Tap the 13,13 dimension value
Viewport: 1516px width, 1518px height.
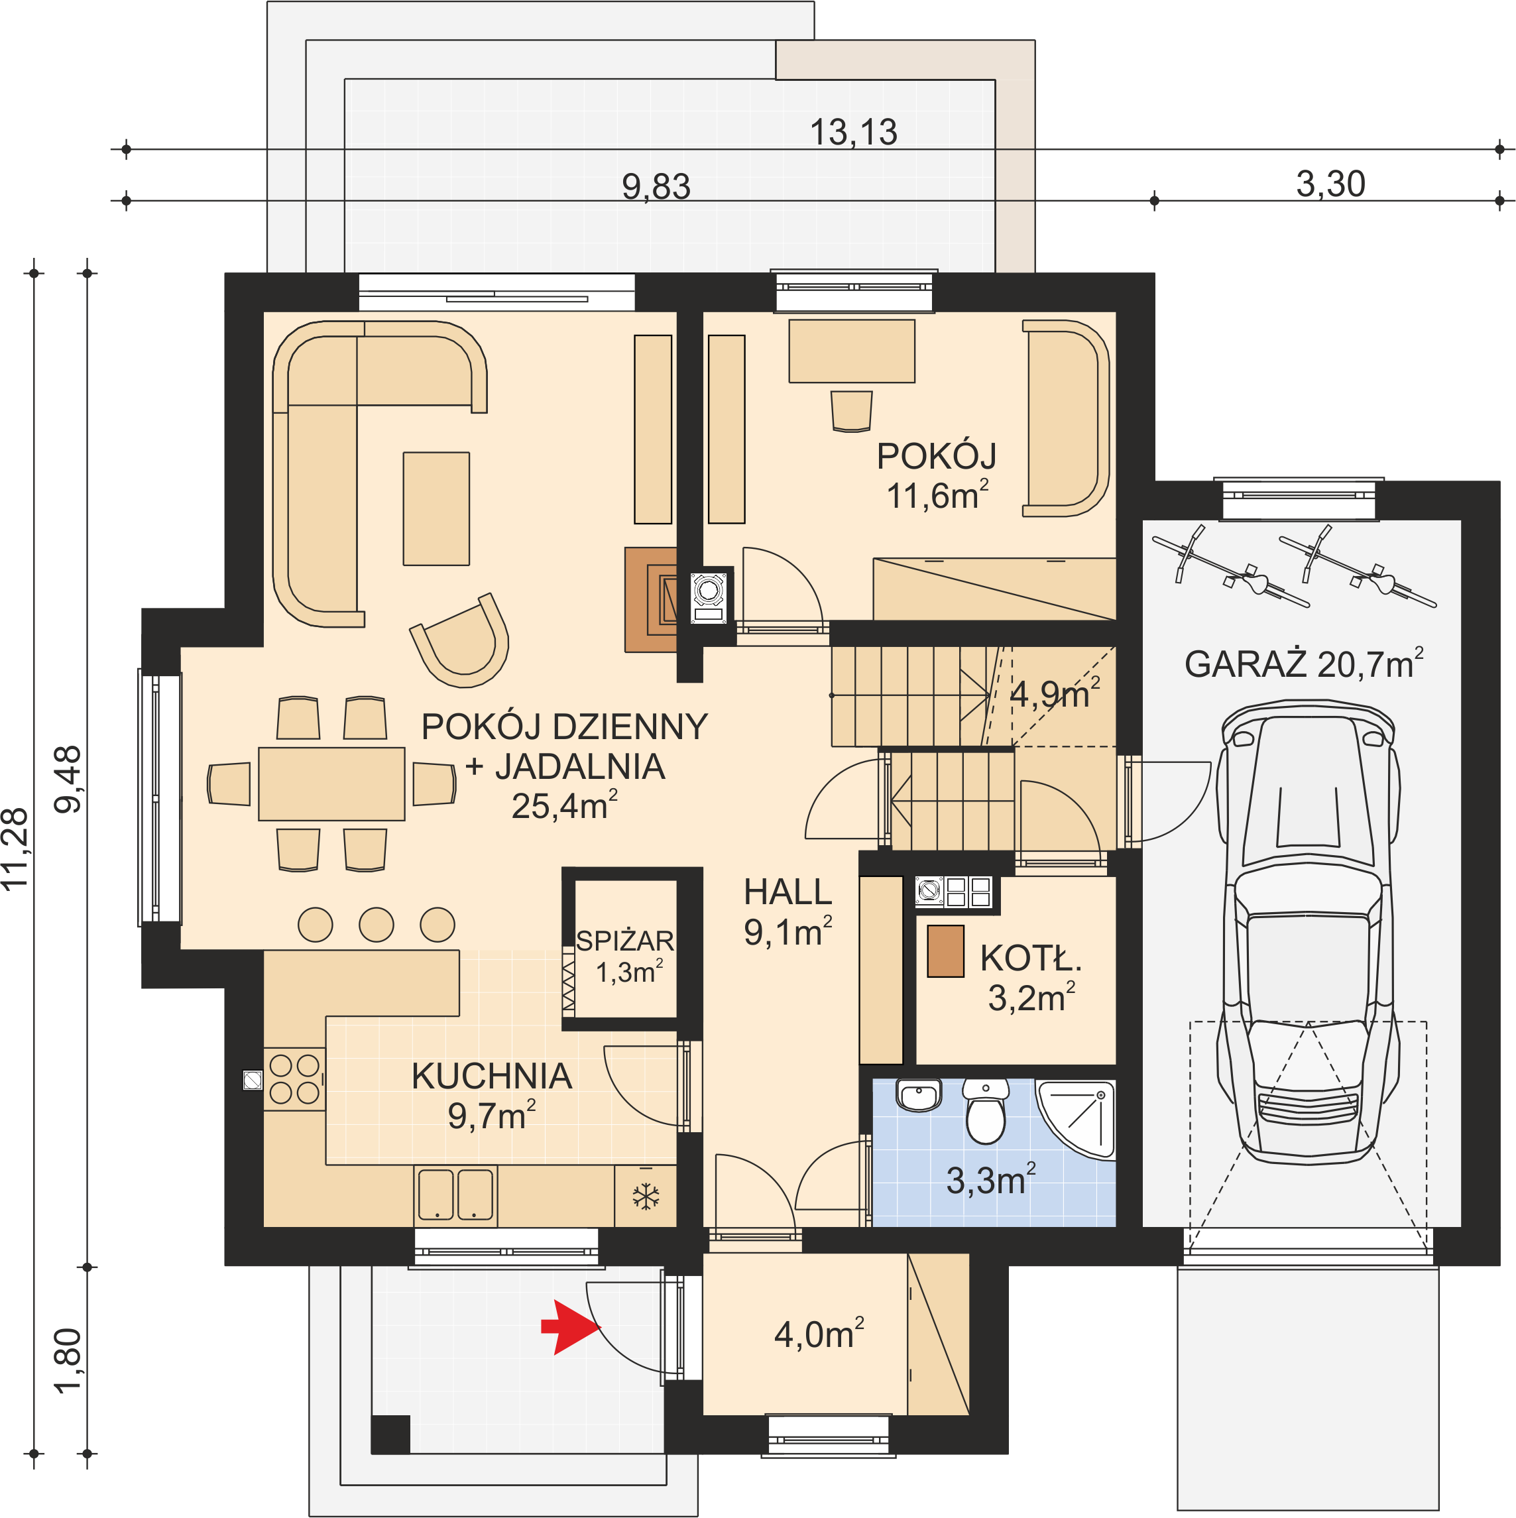[854, 132]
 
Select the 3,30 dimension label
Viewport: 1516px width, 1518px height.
[1330, 184]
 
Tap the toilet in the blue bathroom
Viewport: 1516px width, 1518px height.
[986, 1110]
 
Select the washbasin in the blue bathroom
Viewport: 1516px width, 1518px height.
[919, 1095]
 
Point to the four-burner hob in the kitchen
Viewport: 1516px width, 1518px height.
[294, 1079]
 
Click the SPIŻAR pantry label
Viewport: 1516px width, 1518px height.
[625, 941]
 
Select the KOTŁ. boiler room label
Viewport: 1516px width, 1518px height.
[1031, 959]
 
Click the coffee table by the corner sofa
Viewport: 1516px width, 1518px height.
[436, 508]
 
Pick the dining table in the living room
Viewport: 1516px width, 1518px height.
[331, 784]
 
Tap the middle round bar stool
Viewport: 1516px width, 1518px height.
[377, 924]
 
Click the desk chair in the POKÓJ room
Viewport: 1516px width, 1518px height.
[851, 411]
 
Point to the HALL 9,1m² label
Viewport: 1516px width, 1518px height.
[787, 912]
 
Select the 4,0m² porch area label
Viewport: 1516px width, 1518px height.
[819, 1334]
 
